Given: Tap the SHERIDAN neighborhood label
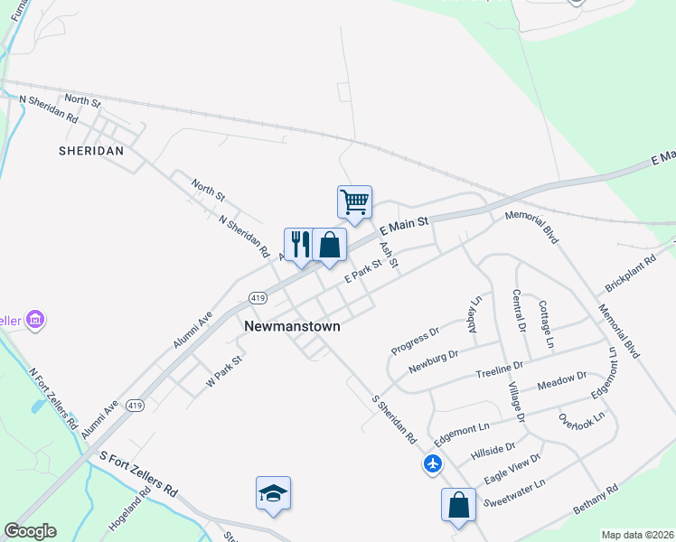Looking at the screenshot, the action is click(90, 151).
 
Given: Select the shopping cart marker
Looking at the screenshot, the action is click(354, 201).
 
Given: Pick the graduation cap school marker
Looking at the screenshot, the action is click(273, 493).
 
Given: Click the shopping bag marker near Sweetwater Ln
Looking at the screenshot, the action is click(459, 504).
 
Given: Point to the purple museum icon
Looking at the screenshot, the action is click(36, 320).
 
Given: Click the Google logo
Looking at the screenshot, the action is click(30, 531).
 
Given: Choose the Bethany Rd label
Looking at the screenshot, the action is click(596, 501).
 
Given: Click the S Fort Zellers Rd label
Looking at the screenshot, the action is click(138, 474).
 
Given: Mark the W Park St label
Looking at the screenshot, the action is click(225, 371).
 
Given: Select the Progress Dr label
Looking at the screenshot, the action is click(415, 339).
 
